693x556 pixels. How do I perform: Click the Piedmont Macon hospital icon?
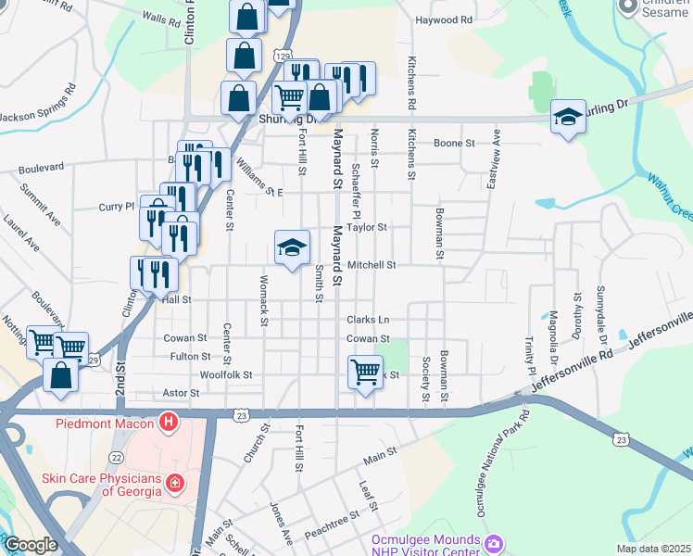[168, 424]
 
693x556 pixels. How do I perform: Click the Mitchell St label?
[372, 264]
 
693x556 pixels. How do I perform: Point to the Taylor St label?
[367, 226]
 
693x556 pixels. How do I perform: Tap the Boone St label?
[454, 144]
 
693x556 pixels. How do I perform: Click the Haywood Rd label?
[444, 19]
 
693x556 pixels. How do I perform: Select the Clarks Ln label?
[368, 320]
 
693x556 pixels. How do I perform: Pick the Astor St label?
[181, 393]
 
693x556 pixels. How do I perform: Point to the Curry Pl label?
[117, 208]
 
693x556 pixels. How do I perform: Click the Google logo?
[31, 546]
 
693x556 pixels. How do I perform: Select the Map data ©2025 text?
[652, 549]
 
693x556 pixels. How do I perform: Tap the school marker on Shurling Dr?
[569, 117]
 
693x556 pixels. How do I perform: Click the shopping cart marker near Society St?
[366, 373]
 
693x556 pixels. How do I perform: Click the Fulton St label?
[190, 356]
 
